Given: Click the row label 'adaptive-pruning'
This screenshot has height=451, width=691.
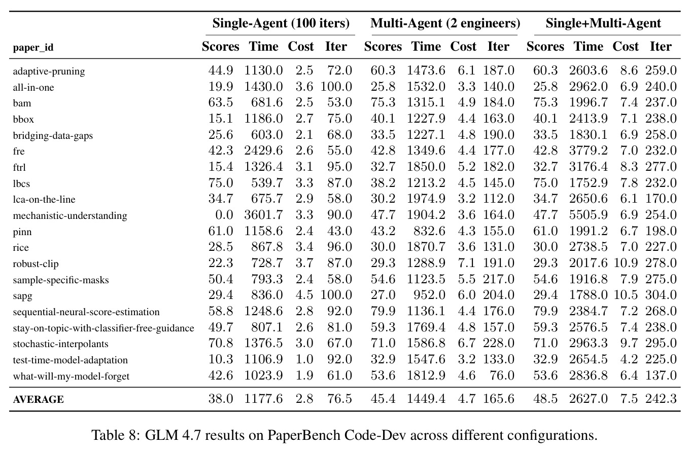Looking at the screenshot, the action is point(49,71).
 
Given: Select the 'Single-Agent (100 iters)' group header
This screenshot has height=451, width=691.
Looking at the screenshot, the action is point(281,23).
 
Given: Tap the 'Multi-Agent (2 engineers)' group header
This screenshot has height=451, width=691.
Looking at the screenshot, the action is point(445,23).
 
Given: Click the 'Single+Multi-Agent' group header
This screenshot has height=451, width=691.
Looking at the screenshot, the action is point(603,23).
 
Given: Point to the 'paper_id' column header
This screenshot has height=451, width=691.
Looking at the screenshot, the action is point(33,48).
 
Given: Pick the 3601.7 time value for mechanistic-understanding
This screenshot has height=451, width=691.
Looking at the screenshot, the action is point(263,215).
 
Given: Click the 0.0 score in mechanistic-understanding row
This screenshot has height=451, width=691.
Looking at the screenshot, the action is point(224,215).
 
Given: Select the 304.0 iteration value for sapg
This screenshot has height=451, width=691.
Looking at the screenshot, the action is point(661,295).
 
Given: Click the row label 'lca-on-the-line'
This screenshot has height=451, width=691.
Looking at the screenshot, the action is point(44,199).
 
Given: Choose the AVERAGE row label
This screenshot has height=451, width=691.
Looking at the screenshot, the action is point(38,399).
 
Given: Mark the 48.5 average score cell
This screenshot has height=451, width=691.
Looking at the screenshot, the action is point(545,399).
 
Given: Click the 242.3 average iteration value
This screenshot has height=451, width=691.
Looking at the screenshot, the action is point(661,399).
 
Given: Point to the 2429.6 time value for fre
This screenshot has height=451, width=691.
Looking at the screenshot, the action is point(263,151).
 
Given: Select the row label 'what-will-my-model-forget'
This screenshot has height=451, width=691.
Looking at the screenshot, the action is point(71,376).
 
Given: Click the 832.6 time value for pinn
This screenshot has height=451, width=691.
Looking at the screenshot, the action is point(429,231).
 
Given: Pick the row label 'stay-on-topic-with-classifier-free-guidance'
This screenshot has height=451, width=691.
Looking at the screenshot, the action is point(103,328).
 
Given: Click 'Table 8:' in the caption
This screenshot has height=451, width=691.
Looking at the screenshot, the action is point(116,435).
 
